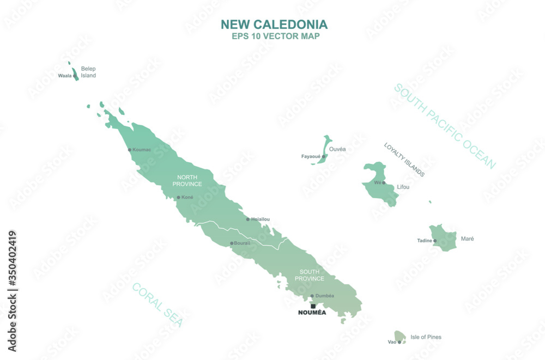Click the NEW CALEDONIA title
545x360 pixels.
(274, 25)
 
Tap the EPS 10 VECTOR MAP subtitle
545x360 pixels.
(275, 36)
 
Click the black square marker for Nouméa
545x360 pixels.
(313, 306)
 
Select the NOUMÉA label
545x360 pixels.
(312, 313)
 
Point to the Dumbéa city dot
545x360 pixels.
(312, 296)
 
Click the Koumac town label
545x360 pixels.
(142, 149)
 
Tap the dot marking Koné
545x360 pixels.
(178, 197)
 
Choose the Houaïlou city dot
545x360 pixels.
(248, 219)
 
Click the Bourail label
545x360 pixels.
(243, 243)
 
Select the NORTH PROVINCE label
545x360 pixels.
(187, 181)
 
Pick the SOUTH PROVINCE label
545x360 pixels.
(310, 274)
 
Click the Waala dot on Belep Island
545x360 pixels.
(75, 76)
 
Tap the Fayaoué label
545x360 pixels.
(311, 156)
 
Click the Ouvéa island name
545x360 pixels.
(337, 149)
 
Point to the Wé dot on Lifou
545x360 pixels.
(384, 182)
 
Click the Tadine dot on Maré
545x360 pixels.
(435, 240)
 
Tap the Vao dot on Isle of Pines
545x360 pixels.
(399, 342)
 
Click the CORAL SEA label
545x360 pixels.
(158, 305)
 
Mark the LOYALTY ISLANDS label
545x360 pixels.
(404, 160)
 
